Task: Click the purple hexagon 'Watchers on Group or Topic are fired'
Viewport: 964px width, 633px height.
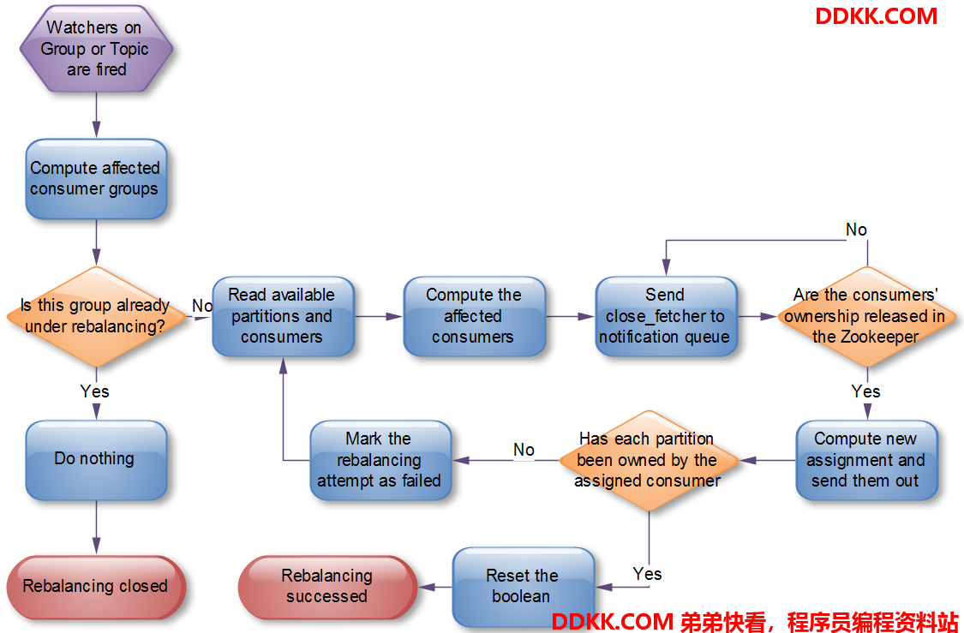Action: [x=96, y=49]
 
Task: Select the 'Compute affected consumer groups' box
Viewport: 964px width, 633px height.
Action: [x=96, y=179]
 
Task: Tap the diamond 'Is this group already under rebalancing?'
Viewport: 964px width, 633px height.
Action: [x=96, y=317]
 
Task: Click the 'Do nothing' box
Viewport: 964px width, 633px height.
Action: [x=96, y=460]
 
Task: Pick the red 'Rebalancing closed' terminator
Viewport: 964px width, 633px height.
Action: [x=96, y=587]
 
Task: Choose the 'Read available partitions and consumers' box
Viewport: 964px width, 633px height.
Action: [x=283, y=317]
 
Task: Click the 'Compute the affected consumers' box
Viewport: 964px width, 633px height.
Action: [x=474, y=317]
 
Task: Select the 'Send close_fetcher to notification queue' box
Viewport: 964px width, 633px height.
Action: [x=666, y=317]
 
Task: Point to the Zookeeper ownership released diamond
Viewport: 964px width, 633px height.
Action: [x=867, y=317]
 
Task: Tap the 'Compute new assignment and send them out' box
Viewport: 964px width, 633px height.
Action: [x=867, y=460]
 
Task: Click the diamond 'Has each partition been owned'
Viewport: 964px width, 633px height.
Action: [x=649, y=460]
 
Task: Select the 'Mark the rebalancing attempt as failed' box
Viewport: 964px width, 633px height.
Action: [x=380, y=460]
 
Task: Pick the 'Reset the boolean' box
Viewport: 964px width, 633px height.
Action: [x=524, y=587]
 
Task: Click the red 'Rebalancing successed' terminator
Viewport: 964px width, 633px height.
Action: [x=327, y=587]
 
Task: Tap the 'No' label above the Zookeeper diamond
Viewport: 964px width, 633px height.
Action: [x=856, y=230]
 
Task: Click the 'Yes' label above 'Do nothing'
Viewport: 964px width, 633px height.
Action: [x=94, y=391]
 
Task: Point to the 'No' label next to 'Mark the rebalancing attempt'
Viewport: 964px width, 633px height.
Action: [x=524, y=450]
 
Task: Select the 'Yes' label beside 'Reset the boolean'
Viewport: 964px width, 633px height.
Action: [x=648, y=574]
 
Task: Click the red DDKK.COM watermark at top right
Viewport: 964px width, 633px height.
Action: [x=876, y=16]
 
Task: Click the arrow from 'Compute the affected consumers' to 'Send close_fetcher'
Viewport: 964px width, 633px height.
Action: [x=570, y=317]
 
